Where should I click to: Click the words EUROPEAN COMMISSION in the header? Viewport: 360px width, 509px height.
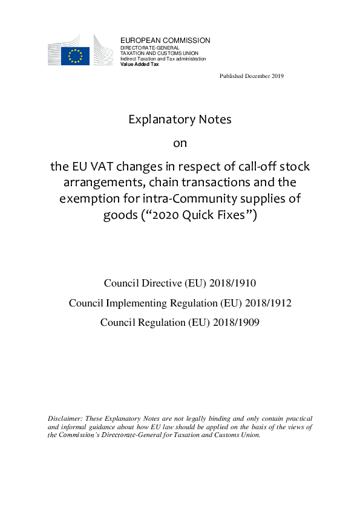click(x=165, y=41)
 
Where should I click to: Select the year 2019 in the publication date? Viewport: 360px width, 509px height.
click(x=277, y=76)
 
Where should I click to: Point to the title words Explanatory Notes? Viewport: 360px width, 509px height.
click(x=180, y=119)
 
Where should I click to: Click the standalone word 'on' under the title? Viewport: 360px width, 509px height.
click(x=180, y=143)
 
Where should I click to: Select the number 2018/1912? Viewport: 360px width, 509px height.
click(x=267, y=302)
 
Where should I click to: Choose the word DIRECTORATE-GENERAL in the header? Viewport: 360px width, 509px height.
click(x=145, y=47)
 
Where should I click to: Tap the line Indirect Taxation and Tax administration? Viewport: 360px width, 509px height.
click(x=163, y=59)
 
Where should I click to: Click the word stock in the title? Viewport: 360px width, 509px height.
click(x=295, y=166)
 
